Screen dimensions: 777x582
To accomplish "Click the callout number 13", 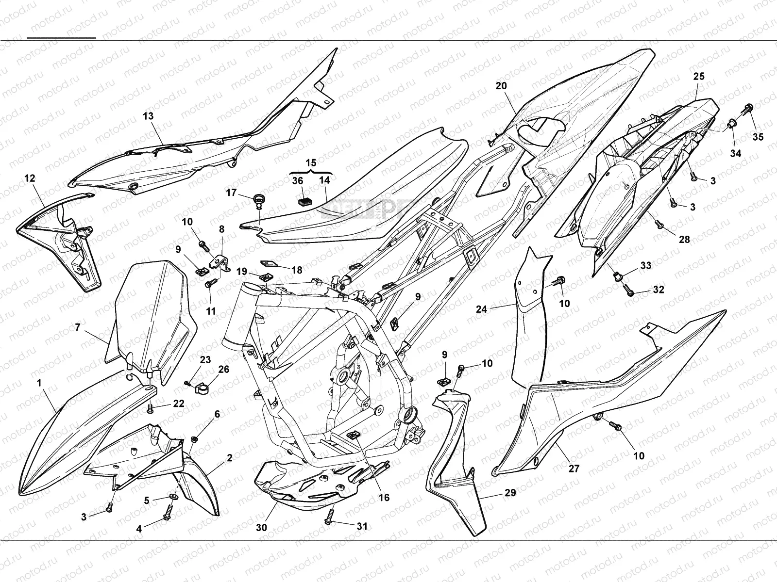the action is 148,116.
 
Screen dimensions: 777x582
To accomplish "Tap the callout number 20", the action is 501,86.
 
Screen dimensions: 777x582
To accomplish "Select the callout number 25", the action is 699,77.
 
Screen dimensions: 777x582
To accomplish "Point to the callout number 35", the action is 758,137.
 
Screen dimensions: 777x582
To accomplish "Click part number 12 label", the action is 30,178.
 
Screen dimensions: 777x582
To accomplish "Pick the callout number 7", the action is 78,327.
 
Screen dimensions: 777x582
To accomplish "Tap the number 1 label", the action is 39,383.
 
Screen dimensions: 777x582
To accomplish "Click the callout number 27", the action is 574,469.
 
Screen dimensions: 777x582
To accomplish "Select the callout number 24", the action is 481,309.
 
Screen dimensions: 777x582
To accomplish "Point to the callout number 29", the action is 510,493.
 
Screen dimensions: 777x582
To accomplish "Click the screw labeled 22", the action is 151,410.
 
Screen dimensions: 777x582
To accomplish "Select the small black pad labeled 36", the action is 305,198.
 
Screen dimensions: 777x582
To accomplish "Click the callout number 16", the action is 384,498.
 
